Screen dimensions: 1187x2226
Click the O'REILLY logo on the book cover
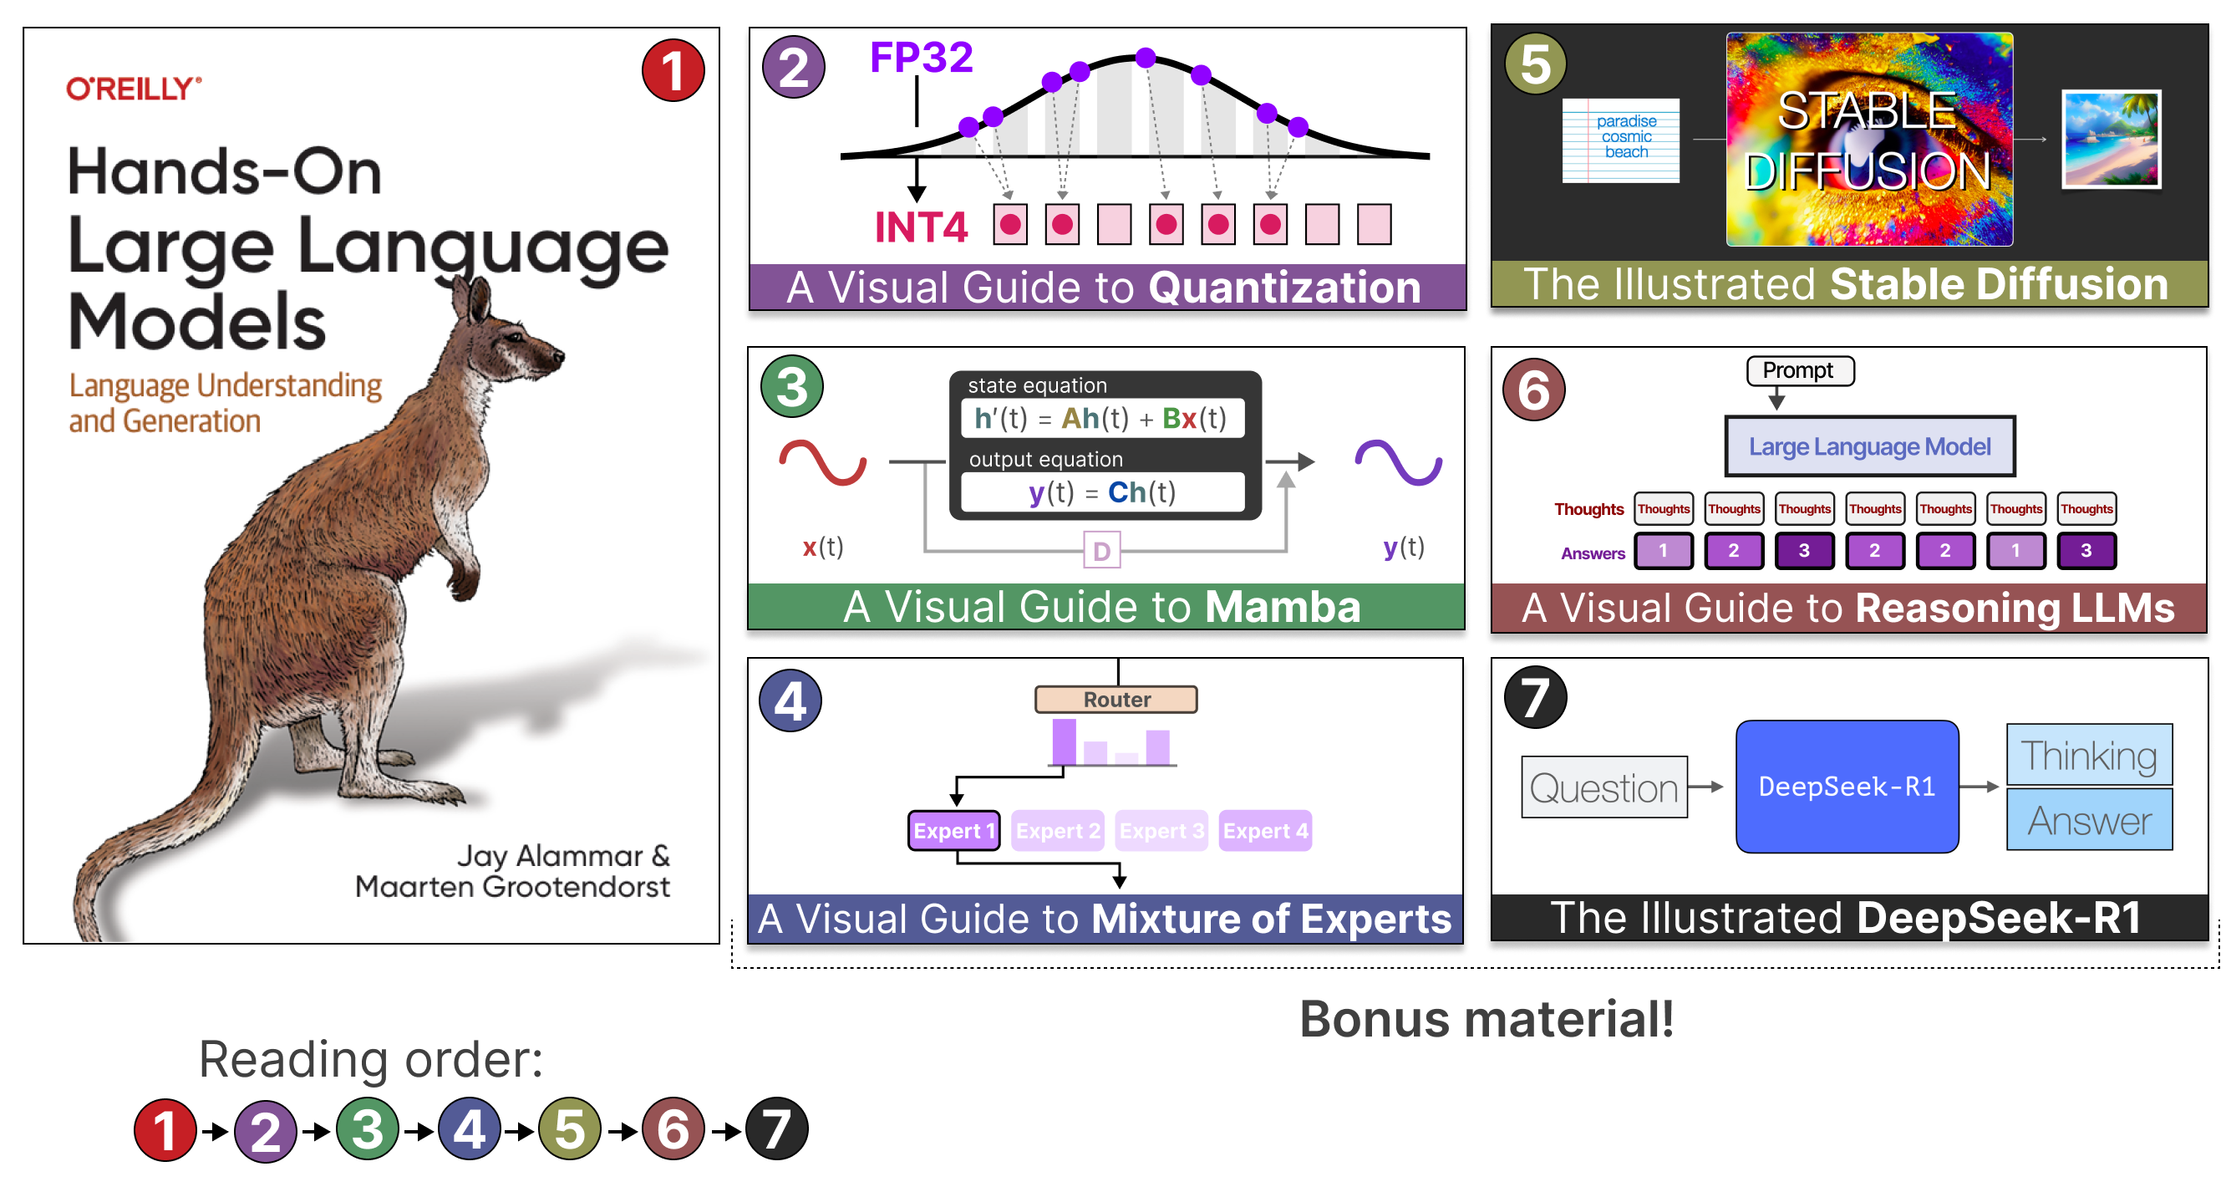(x=133, y=88)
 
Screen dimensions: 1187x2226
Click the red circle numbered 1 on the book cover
(x=673, y=71)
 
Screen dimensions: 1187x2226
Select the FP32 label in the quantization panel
(x=921, y=57)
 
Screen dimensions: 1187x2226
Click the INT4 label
(x=921, y=227)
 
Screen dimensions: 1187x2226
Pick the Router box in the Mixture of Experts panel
(x=1116, y=699)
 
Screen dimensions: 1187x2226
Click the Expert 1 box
(x=954, y=830)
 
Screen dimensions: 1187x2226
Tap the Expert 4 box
(x=1265, y=830)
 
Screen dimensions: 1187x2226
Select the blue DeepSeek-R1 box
(x=1847, y=786)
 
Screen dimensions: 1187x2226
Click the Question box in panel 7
(x=1603, y=787)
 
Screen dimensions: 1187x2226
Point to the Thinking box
(x=2089, y=754)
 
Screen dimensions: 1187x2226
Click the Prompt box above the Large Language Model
(x=1798, y=371)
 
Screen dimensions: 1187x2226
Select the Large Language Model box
(x=1870, y=446)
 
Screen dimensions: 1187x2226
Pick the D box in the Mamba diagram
(x=1102, y=550)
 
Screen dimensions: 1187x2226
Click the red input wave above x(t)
(x=823, y=462)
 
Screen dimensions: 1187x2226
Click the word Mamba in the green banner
(x=1283, y=607)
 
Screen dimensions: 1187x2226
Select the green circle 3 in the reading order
(x=368, y=1129)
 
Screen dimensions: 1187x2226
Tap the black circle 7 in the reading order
(x=776, y=1129)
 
